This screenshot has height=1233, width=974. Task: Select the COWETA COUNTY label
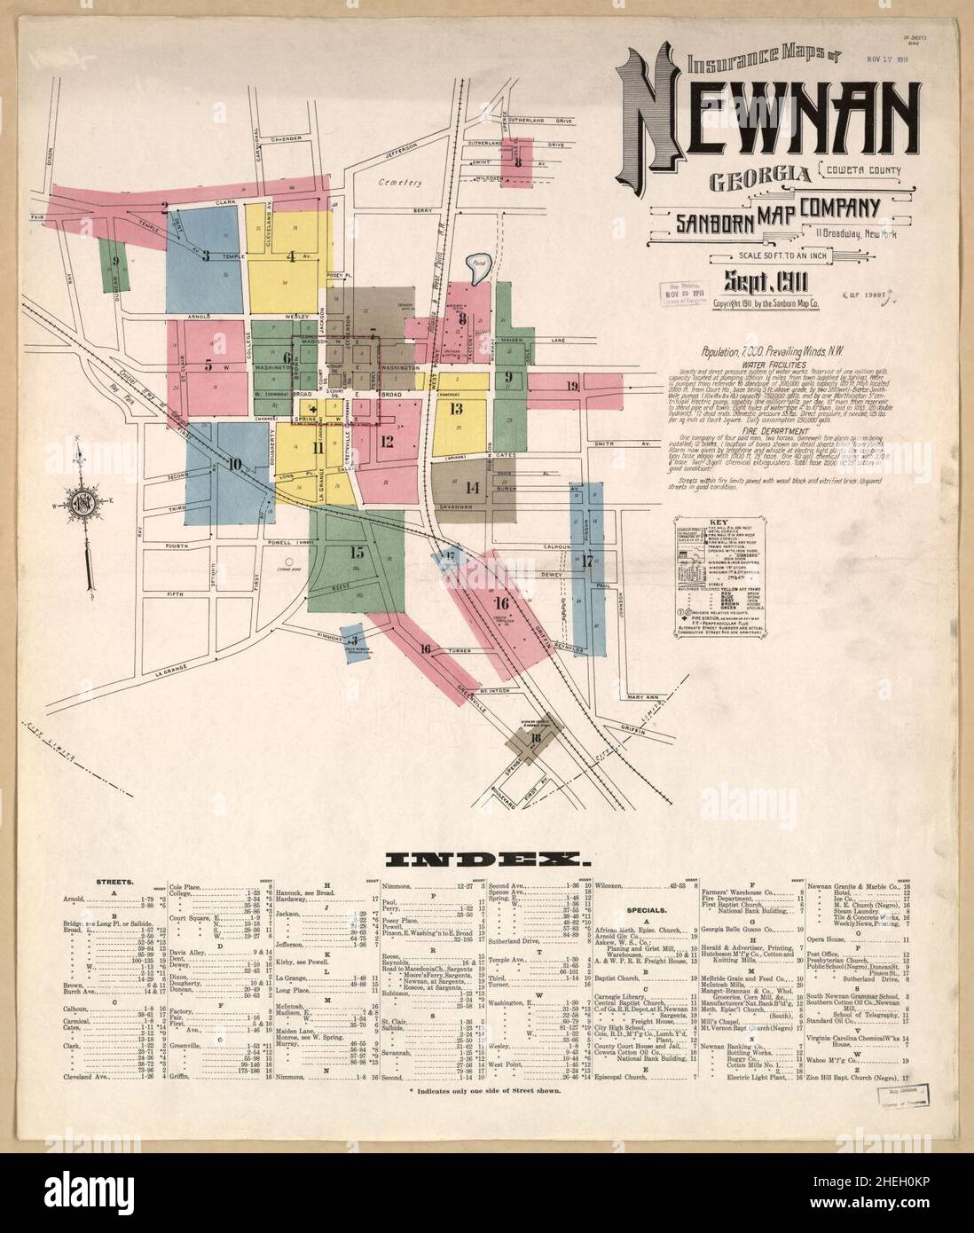click(862, 170)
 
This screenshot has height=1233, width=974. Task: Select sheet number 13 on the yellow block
click(456, 409)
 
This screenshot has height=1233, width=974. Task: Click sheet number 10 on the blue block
click(234, 462)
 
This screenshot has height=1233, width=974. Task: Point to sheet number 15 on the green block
click(357, 553)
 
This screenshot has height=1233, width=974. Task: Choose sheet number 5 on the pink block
click(208, 363)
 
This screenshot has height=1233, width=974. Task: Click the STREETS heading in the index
click(115, 883)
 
